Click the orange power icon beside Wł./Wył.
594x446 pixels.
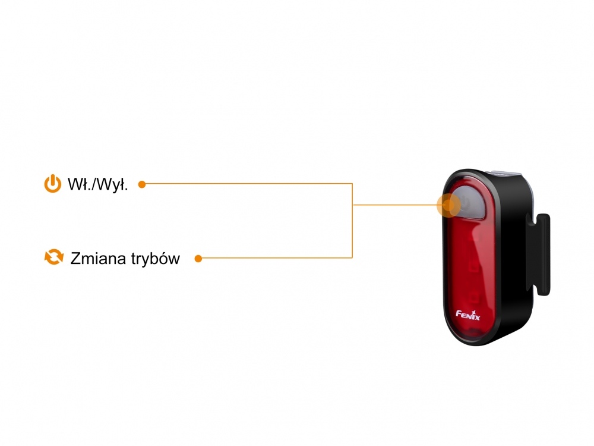click(x=53, y=184)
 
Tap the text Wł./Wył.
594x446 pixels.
click(x=98, y=184)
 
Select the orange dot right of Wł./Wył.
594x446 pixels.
click(x=142, y=184)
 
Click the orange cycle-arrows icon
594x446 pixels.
click(x=54, y=257)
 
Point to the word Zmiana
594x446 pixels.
click(x=99, y=258)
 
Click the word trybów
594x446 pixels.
click(x=156, y=259)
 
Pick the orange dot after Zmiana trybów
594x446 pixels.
click(x=198, y=259)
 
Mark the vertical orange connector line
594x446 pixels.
click(x=352, y=221)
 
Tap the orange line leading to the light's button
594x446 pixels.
click(x=395, y=205)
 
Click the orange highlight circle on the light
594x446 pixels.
click(x=448, y=205)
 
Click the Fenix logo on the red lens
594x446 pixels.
click(x=468, y=315)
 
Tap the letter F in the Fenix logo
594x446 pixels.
click(x=459, y=313)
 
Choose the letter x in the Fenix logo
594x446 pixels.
click(x=476, y=317)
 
